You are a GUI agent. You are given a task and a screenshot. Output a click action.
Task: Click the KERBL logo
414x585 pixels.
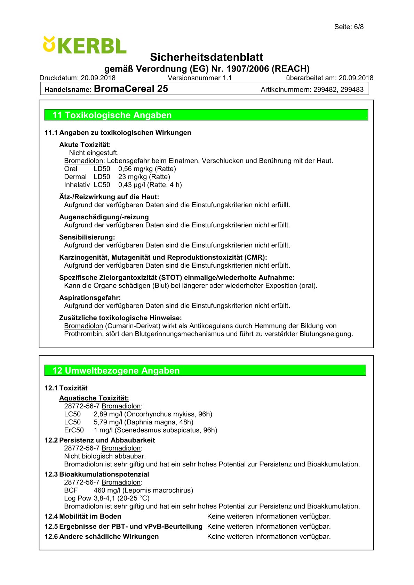pyautogui.click(x=85, y=46)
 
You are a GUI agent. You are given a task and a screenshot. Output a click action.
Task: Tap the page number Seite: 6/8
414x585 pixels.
pyautogui.click(x=349, y=27)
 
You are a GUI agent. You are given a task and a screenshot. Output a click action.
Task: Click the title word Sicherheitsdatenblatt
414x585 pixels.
pyautogui.click(x=207, y=57)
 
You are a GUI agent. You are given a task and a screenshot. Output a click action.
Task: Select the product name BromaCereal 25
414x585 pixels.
pyautogui.click(x=131, y=89)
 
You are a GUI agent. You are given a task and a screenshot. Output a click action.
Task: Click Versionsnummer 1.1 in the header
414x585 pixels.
pyautogui.click(x=200, y=78)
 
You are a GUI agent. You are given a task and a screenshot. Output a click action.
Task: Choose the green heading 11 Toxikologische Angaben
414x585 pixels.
pyautogui.click(x=112, y=115)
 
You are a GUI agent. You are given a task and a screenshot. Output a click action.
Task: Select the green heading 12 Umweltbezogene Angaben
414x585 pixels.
pyautogui.click(x=116, y=371)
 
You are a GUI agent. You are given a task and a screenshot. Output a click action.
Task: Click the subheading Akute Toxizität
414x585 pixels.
pyautogui.click(x=85, y=145)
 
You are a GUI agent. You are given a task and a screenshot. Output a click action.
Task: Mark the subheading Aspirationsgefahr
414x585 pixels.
pyautogui.click(x=90, y=298)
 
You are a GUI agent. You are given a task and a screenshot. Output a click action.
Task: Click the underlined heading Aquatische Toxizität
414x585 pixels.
pyautogui.click(x=94, y=398)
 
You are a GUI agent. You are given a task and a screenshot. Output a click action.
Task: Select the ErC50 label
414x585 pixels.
pyautogui.click(x=74, y=430)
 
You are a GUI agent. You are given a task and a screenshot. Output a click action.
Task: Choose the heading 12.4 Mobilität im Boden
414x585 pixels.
pyautogui.click(x=83, y=517)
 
